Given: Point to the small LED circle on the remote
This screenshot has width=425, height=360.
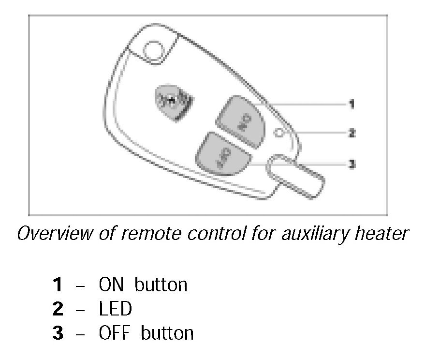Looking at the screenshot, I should (x=278, y=133).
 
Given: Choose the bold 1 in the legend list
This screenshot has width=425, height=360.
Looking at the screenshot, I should (x=58, y=285).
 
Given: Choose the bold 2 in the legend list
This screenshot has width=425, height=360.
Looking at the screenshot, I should (x=58, y=309).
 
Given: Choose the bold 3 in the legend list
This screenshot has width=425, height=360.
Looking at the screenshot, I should (x=58, y=333).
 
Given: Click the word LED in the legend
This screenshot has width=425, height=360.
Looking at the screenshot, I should (x=115, y=309).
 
